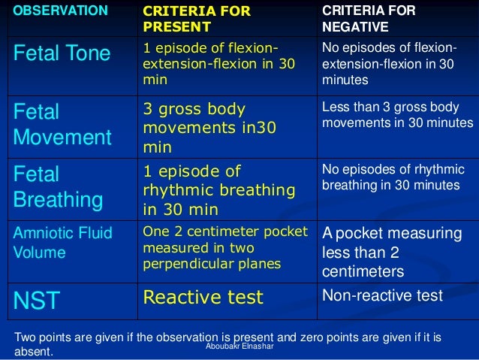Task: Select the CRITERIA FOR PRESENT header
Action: point(197,19)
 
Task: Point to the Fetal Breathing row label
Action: point(58,187)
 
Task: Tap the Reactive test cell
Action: point(203,298)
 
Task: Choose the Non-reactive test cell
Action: point(382,295)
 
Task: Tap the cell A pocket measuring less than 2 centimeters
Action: point(375,251)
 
